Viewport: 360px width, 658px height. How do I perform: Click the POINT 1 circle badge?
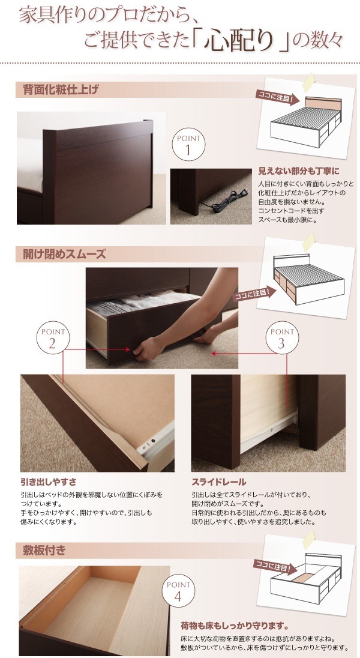pyautogui.click(x=188, y=145)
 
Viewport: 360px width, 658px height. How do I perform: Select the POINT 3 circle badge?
pyautogui.click(x=281, y=339)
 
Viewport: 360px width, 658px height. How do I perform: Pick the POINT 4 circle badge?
pyautogui.click(x=178, y=591)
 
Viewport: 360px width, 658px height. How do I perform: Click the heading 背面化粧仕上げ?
pyautogui.click(x=61, y=90)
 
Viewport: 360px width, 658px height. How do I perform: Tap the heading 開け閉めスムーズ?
pyautogui.click(x=65, y=255)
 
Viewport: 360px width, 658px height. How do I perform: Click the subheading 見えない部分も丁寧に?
pyautogui.click(x=298, y=171)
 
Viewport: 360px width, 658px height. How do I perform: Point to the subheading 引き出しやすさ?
pyautogui.click(x=48, y=481)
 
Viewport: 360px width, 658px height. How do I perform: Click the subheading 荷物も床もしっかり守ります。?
pyautogui.click(x=235, y=627)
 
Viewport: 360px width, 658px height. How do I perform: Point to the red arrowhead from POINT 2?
pyautogui.click(x=128, y=349)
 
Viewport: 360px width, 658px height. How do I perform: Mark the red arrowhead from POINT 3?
pyautogui.click(x=214, y=354)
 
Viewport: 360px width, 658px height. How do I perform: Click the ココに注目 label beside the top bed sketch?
pyautogui.click(x=278, y=97)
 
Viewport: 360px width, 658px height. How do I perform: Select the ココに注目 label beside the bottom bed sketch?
pyautogui.click(x=272, y=566)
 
